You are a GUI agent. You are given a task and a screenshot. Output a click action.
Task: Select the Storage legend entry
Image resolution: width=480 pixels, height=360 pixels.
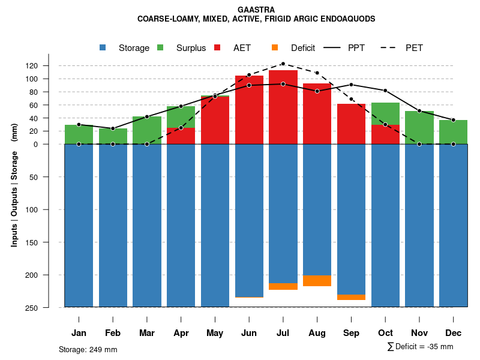click(x=133, y=48)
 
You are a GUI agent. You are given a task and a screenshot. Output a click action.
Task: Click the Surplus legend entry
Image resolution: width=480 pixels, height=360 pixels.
click(x=191, y=48)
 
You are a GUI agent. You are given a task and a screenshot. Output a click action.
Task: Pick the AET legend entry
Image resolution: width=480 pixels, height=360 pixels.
click(x=242, y=48)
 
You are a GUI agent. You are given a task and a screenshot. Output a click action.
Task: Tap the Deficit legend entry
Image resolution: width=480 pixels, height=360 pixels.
click(x=303, y=48)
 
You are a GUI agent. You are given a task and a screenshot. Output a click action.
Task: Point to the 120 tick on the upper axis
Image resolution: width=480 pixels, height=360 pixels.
click(x=49, y=65)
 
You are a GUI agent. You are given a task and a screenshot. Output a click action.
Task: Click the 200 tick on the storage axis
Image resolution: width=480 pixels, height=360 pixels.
click(x=49, y=275)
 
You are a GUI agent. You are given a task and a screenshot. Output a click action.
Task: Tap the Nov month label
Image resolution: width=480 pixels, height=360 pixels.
click(x=419, y=333)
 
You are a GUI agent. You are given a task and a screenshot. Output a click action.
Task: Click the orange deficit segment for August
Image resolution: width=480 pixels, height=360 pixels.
click(x=317, y=281)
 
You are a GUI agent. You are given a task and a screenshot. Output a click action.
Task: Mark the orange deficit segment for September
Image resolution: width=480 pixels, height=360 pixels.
click(x=351, y=297)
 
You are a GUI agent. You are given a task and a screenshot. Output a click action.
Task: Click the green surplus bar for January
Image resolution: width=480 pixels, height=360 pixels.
click(x=79, y=134)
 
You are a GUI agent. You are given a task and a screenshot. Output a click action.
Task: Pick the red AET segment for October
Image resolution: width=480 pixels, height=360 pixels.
click(x=385, y=134)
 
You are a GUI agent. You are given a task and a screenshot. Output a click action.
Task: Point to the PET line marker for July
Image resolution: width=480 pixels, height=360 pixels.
click(x=283, y=64)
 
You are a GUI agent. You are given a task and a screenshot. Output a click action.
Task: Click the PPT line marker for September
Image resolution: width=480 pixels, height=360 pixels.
click(x=351, y=85)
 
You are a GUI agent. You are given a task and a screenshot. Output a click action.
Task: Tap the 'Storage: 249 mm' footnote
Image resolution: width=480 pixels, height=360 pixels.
click(x=88, y=349)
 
